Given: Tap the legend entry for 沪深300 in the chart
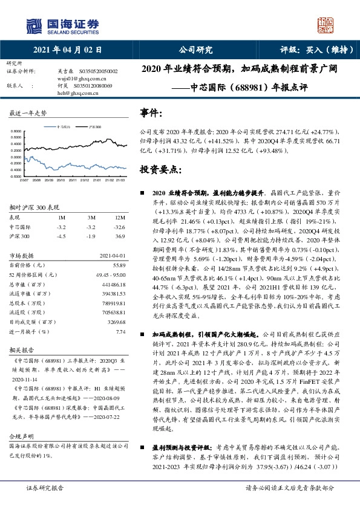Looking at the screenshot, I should pyautogui.click(x=93, y=128).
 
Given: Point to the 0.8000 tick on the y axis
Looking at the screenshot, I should pyautogui.click(x=15, y=131).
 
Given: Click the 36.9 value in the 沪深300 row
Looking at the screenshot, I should pyautogui.click(x=120, y=236).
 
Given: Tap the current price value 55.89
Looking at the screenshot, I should pyautogui.click(x=119, y=265).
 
